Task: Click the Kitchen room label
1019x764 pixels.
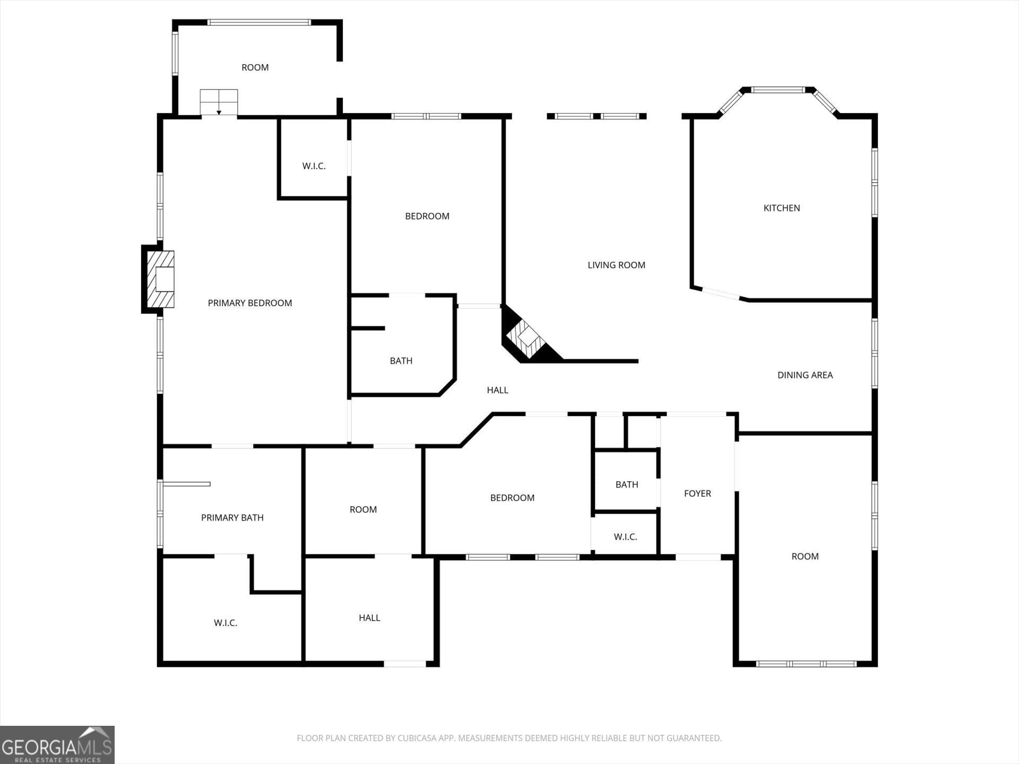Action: (781, 208)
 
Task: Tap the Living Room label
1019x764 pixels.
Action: (616, 265)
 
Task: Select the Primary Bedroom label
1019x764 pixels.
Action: (249, 303)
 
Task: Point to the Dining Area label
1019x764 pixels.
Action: (805, 375)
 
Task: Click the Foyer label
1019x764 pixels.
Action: (697, 493)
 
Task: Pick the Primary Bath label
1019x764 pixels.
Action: (232, 518)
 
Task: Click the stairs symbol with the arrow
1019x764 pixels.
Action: (219, 102)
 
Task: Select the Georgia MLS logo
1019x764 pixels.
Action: (57, 745)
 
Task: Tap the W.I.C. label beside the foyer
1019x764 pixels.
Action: (625, 537)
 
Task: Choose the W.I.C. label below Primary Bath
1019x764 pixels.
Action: (226, 623)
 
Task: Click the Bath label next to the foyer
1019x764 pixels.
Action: (627, 484)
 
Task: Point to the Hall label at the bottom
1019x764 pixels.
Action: (369, 618)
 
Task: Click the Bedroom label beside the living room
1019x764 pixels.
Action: (427, 216)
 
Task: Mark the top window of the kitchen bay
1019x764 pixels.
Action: (778, 90)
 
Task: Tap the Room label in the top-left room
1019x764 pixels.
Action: (255, 67)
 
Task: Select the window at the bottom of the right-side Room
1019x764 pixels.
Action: (806, 664)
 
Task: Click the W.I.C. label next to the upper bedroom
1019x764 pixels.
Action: (314, 166)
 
